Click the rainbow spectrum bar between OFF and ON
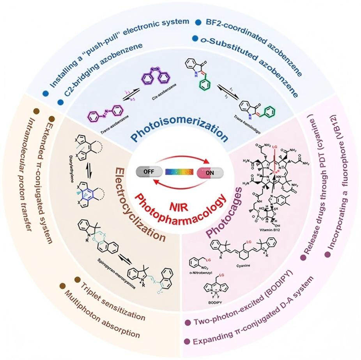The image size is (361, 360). point(179,172)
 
